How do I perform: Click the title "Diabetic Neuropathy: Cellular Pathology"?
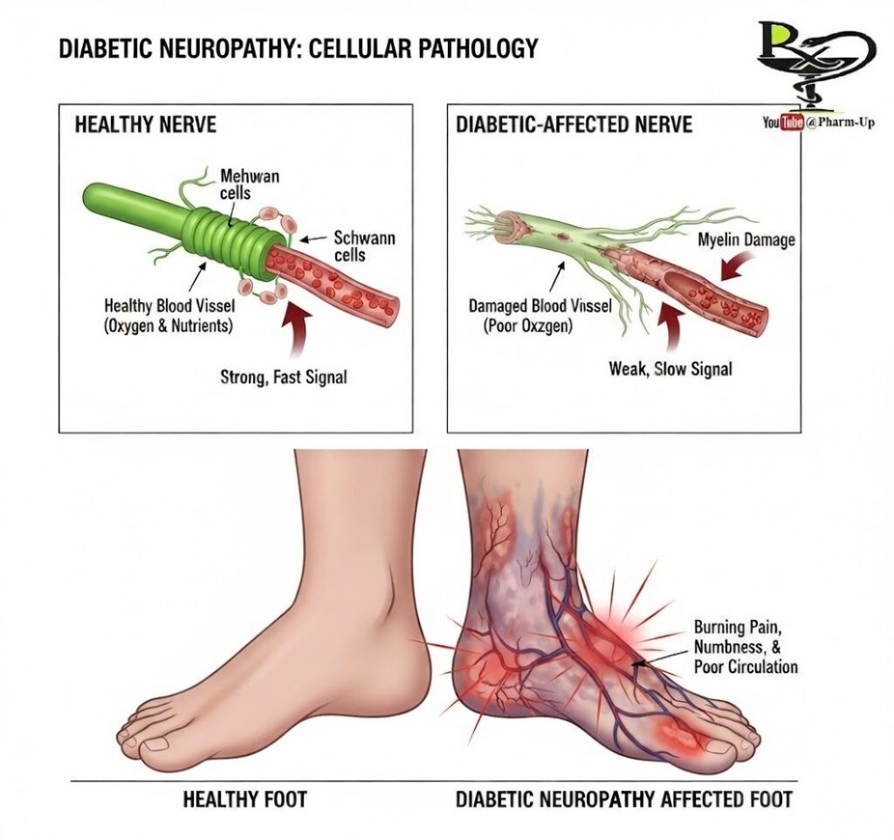298,48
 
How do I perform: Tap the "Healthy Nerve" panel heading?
145,124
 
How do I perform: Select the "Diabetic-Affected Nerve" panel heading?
574,124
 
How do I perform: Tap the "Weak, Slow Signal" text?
670,368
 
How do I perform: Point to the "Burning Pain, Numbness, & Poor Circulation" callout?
745,646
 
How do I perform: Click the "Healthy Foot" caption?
244,798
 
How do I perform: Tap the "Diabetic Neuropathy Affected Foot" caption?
624,798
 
